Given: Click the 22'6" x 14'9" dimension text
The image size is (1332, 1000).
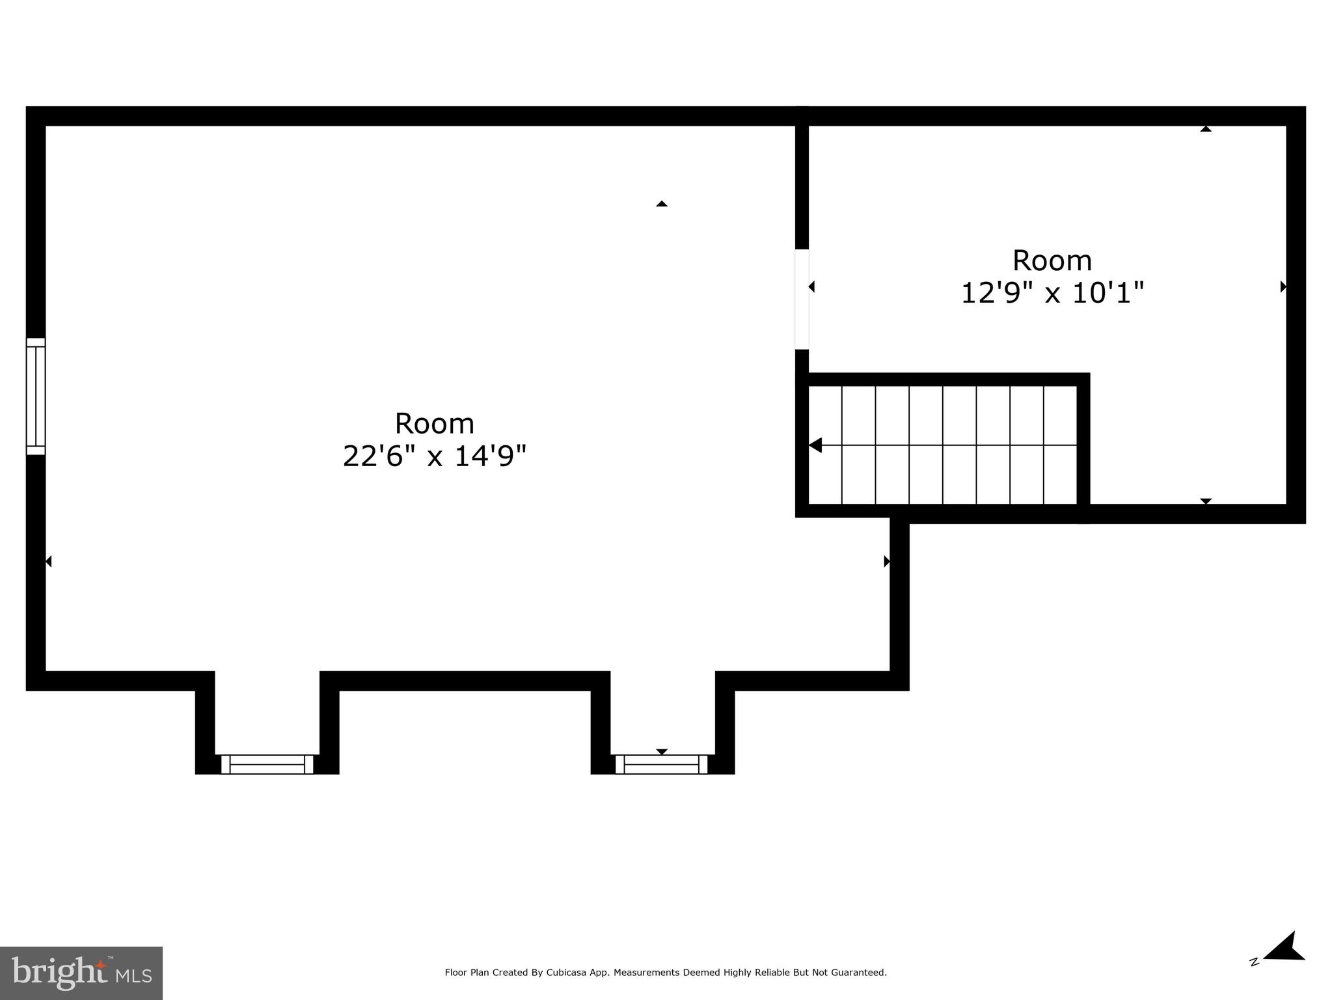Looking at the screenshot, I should click(x=434, y=456).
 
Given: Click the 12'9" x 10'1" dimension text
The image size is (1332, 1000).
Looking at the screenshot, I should click(x=1052, y=293).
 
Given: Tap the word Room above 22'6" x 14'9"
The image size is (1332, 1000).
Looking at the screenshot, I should click(x=434, y=424).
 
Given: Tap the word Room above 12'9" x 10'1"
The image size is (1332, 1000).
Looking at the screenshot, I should click(x=1052, y=261).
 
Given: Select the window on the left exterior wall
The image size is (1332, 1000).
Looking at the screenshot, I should click(x=36, y=396).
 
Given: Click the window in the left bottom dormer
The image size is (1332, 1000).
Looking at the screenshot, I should click(x=267, y=764).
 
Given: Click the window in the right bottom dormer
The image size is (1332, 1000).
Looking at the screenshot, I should click(x=661, y=764).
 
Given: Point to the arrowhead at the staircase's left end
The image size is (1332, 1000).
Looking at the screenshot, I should click(x=815, y=445).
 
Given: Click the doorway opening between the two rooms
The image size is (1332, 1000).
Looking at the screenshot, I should click(x=802, y=299).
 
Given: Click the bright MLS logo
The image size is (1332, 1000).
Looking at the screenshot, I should click(x=81, y=973).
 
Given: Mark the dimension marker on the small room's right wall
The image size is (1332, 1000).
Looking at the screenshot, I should click(x=1283, y=286).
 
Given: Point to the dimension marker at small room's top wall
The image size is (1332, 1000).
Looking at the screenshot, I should click(x=1206, y=129).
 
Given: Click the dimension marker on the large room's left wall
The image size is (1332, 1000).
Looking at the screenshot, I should click(x=48, y=561).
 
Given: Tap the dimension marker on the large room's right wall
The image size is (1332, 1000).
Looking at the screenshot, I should click(x=886, y=561).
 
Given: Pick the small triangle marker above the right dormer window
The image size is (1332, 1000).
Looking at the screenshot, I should click(x=662, y=751).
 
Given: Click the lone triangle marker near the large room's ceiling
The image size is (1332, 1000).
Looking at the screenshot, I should click(x=662, y=204).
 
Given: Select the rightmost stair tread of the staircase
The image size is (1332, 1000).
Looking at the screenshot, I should click(x=1061, y=445).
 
